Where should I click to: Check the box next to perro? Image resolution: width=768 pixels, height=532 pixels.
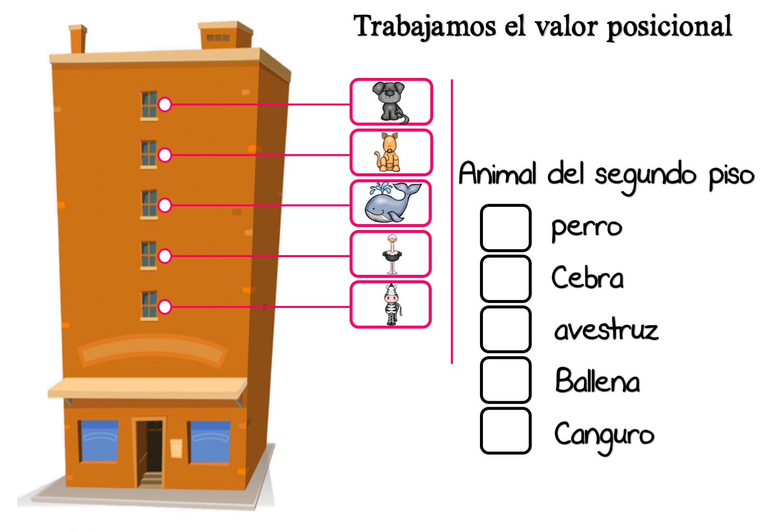pos(506,228)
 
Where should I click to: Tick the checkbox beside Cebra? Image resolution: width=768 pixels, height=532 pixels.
pos(506,278)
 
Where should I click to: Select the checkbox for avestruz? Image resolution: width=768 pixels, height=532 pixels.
pos(506,329)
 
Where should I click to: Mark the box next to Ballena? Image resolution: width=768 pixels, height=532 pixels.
pos(506,380)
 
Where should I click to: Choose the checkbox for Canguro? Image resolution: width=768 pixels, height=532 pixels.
pos(506,431)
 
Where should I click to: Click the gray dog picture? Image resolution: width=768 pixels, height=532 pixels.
pos(391,102)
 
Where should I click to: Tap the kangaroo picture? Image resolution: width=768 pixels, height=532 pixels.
pos(388,152)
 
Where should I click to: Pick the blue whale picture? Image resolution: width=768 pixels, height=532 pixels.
pos(392,202)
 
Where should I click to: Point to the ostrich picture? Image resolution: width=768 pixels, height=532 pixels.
pos(392,254)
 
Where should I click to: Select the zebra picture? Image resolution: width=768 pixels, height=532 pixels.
pos(392,304)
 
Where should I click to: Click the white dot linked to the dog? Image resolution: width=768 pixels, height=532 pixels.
pos(165,104)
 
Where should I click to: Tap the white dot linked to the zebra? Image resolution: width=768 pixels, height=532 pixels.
pos(165,306)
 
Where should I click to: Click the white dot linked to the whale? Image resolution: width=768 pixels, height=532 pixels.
pos(165,205)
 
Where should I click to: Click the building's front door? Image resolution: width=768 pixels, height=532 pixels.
pos(149,452)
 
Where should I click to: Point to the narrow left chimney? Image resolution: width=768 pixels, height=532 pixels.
pos(78,39)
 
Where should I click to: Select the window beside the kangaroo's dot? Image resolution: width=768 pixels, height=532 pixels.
pos(149,154)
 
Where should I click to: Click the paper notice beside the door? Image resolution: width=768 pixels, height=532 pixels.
pos(176,448)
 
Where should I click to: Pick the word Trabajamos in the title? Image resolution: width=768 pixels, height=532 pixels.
pos(425,27)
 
